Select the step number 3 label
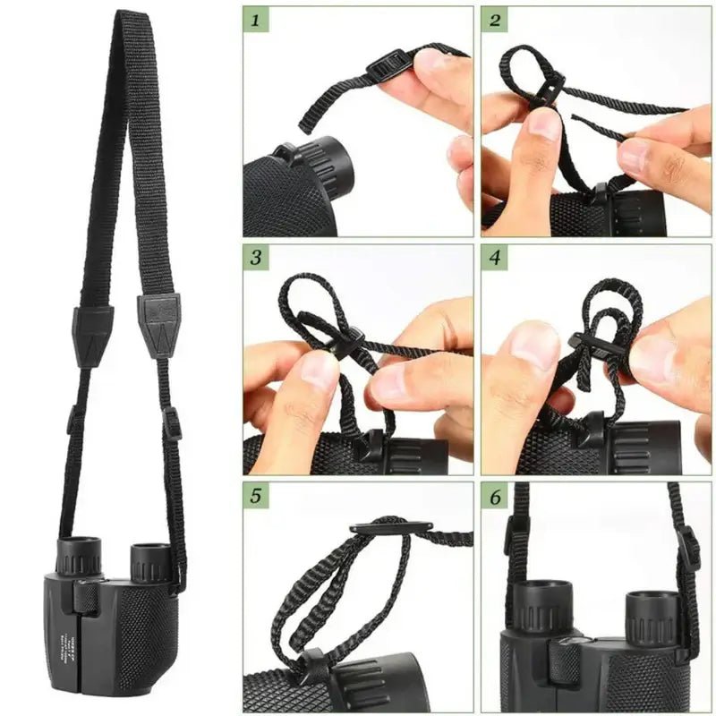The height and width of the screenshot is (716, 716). pos(256,259)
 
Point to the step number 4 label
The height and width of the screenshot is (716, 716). pos(495,259)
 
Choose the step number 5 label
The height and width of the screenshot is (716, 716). pos(256,496)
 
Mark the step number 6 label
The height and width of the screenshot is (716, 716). pos(495,496)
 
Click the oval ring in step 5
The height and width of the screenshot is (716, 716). pos(391,528)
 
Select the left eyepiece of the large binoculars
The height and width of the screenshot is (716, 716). pos(81,555)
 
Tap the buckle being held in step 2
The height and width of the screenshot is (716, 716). pos(548,89)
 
